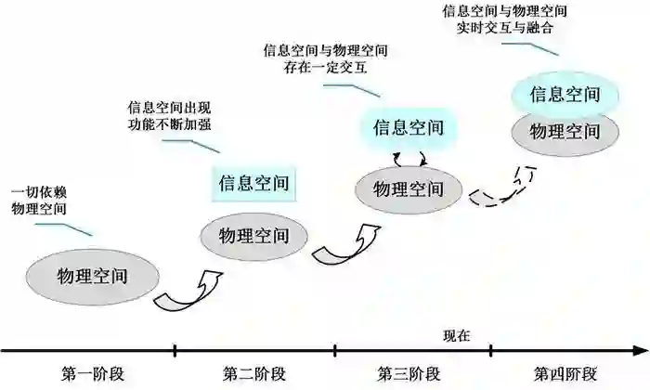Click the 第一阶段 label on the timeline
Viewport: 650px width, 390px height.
(93, 374)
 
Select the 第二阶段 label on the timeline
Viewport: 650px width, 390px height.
(253, 374)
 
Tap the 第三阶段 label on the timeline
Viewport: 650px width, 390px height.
(409, 374)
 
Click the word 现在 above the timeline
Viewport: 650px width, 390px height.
(457, 334)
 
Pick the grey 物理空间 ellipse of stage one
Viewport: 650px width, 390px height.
(91, 277)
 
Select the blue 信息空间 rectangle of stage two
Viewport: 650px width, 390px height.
(253, 183)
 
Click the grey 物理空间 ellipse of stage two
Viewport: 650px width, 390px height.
(253, 232)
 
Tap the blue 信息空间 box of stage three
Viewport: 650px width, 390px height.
(408, 126)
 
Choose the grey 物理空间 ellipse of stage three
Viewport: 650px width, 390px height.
(408, 188)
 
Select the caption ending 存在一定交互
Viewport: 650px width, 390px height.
(326, 58)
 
